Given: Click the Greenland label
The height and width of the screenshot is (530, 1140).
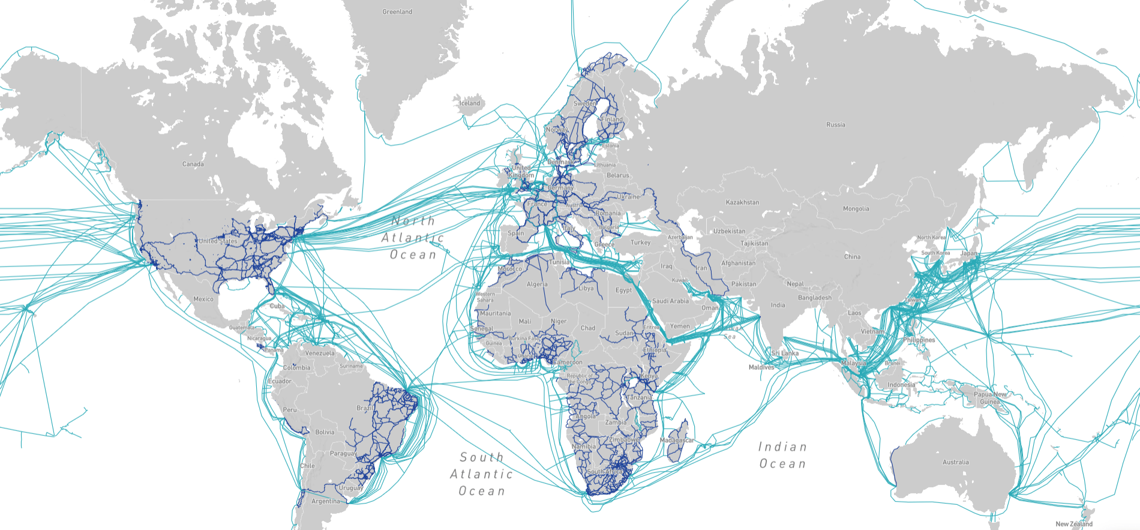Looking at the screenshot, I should coord(397,12).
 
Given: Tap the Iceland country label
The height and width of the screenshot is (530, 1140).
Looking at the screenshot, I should coord(470,103).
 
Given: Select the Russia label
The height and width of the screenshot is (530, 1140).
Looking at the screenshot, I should coord(835,125).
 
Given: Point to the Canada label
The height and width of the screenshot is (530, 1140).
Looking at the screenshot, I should coord(193,164).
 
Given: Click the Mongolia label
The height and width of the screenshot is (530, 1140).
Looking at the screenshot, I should coord(856,209).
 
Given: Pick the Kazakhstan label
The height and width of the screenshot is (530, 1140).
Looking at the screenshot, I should coord(742,202).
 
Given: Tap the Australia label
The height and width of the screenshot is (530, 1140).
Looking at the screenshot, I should coord(955,462).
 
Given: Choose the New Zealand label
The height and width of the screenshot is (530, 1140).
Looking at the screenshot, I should coord(1074,524).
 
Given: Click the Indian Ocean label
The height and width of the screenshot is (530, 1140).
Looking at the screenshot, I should coord(782,455).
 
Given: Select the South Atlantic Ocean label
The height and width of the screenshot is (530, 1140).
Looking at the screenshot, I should coord(481,474).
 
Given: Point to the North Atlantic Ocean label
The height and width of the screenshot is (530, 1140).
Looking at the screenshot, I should coord(413,238).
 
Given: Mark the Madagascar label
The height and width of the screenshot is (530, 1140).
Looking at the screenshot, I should coord(677,441).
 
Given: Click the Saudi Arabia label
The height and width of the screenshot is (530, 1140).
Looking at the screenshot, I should coord(670,301).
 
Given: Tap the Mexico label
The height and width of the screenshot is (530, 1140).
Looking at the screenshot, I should coord(203,299).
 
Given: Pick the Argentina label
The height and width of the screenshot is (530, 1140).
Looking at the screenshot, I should coord(326,501).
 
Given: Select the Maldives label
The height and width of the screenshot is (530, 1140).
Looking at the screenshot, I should coord(761,367).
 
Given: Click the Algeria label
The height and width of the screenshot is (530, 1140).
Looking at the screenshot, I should coord(537,285).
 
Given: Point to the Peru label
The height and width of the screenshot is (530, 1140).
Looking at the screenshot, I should coord(290,410).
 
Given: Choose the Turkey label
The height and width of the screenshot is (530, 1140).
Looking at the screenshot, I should coord(640,242).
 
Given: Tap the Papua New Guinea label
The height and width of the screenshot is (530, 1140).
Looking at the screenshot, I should coord(991,398).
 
